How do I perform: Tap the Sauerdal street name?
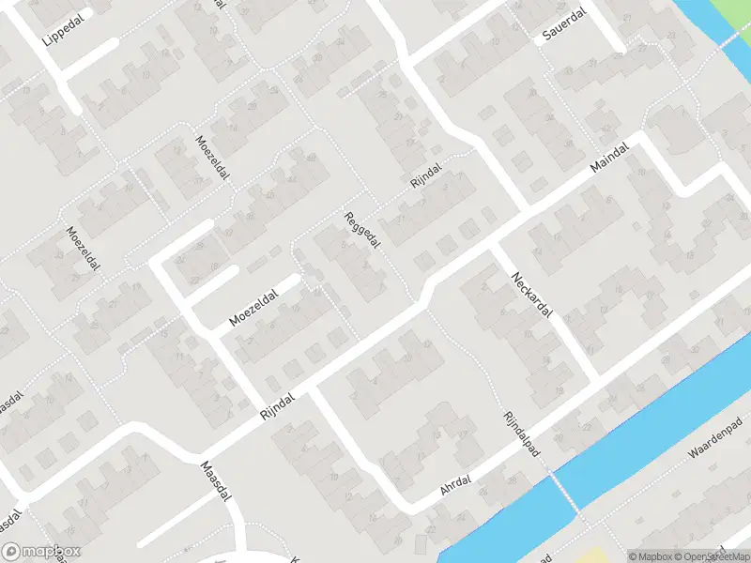click(563, 29)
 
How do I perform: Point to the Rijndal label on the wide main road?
click(278, 405)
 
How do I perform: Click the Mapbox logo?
click(40, 552)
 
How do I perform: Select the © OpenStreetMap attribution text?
click(717, 555)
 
